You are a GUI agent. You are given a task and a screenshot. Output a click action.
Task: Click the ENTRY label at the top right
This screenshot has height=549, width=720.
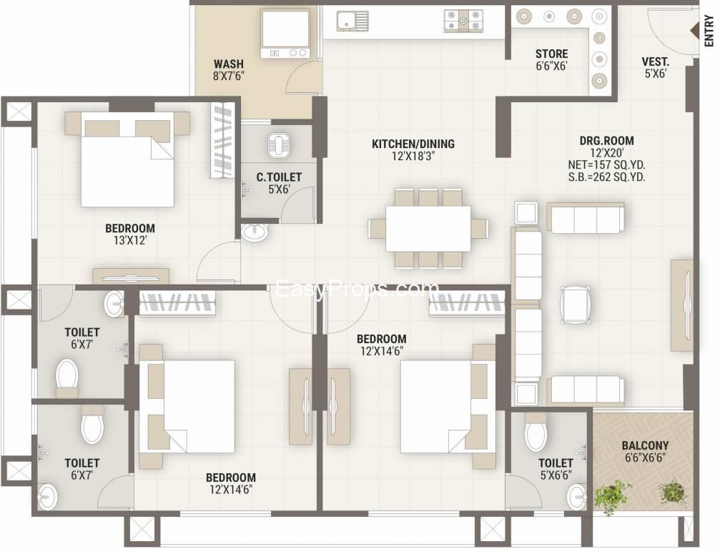(709, 31)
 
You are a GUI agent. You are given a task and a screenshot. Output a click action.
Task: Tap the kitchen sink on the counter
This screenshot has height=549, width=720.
(352, 21)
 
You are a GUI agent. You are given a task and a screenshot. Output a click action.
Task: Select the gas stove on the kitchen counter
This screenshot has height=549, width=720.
(463, 21)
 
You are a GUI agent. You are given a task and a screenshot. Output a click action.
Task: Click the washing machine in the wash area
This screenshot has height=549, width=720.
(285, 34)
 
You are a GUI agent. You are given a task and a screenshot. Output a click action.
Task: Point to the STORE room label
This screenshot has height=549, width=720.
(551, 54)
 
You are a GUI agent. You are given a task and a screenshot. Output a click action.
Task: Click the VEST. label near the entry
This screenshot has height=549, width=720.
(655, 61)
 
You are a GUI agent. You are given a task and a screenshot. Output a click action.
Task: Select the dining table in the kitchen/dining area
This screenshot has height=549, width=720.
(428, 229)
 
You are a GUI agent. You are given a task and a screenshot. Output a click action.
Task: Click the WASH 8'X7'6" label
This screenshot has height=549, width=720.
(229, 70)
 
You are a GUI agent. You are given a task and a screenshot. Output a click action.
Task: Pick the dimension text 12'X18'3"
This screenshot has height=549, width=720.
(413, 156)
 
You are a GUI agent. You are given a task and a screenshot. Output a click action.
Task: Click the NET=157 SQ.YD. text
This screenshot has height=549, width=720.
(606, 165)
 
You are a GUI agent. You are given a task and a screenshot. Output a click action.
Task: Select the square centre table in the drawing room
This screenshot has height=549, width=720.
(576, 305)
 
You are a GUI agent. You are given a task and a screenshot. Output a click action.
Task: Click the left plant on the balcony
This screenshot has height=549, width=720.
(611, 496)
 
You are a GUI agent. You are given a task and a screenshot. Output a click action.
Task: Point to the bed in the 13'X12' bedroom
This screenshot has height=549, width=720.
(128, 159)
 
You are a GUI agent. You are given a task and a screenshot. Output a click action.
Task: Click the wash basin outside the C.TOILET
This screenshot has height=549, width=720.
(255, 232)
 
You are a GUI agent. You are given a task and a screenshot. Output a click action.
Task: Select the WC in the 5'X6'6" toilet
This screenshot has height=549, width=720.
(536, 432)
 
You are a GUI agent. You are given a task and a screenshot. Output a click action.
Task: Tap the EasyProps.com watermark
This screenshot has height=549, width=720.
(356, 290)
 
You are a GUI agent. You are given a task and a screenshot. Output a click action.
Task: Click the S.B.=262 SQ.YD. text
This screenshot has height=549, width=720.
(606, 177)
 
